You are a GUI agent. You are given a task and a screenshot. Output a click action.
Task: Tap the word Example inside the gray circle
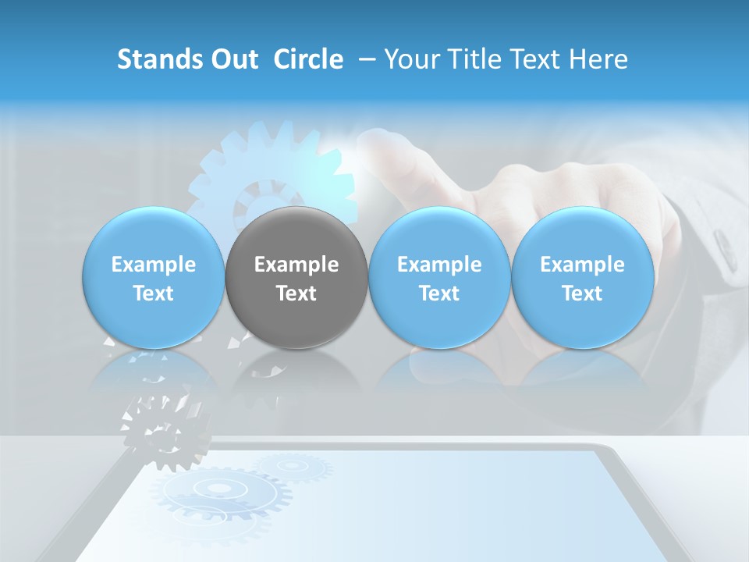[296, 265]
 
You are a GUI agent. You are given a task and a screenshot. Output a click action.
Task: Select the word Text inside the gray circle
[296, 293]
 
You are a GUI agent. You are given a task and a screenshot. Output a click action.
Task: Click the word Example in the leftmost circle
[154, 265]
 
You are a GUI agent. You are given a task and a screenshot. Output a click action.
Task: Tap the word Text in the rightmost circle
[582, 293]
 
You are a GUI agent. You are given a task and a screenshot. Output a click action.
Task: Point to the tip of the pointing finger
[367, 140]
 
